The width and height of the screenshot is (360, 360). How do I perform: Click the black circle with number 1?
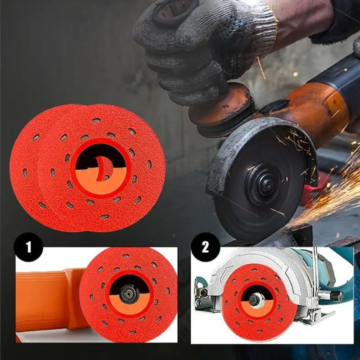(28, 247)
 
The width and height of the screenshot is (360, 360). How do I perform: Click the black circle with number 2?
(206, 247)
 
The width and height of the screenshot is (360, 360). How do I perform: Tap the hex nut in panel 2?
(256, 299)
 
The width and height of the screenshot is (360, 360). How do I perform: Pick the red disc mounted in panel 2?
(259, 302)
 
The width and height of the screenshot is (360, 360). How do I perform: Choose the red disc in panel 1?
(129, 295)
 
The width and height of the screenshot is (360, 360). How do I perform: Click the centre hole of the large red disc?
(101, 169)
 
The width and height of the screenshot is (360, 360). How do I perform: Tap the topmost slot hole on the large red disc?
(96, 120)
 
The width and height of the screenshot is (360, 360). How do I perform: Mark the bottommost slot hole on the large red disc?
(105, 216)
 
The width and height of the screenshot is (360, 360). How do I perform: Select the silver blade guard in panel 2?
(271, 275)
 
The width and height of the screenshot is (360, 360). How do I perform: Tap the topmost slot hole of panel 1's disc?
(126, 256)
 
